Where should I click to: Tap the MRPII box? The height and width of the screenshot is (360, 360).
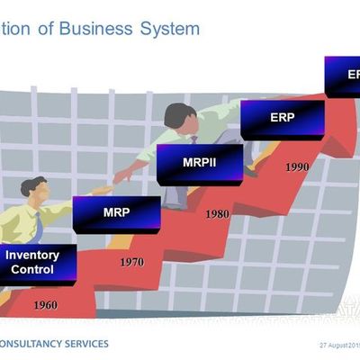pyautogui.click(x=199, y=164)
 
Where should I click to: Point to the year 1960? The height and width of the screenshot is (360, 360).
pyautogui.click(x=45, y=305)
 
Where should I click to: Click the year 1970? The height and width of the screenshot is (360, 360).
pyautogui.click(x=132, y=262)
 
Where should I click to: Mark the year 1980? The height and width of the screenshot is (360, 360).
pyautogui.click(x=217, y=215)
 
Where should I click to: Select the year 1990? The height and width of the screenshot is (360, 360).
pyautogui.click(x=297, y=166)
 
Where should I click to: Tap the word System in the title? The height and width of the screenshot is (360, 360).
pyautogui.click(x=169, y=29)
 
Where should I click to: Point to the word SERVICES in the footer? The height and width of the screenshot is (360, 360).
pyautogui.click(x=88, y=344)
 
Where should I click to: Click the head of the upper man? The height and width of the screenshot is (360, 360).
pyautogui.click(x=178, y=116)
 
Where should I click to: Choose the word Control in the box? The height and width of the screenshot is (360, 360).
pyautogui.click(x=32, y=268)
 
